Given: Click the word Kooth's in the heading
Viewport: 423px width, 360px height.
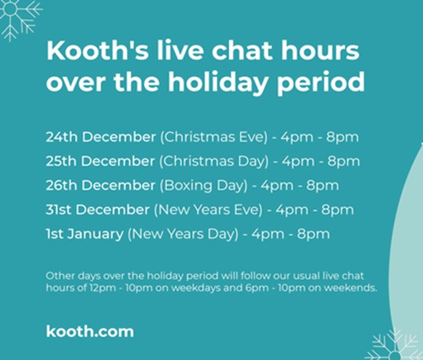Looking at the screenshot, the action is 97,51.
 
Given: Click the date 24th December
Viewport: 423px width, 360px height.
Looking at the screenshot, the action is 101,137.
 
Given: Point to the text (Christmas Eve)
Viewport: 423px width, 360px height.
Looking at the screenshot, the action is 214,137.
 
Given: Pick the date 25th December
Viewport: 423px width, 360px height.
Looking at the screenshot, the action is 100,161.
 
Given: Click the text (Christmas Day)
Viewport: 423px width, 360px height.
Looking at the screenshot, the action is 214,162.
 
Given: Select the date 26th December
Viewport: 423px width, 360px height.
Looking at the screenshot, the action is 101,186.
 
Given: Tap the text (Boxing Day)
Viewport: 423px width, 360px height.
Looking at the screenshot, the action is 204,186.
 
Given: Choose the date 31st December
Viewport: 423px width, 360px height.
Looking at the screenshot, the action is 97,209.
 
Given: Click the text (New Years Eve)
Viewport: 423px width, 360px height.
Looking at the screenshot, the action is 208,210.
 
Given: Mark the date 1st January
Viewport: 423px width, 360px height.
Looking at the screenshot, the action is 85,234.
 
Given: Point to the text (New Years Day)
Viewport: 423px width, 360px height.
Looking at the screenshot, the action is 183,234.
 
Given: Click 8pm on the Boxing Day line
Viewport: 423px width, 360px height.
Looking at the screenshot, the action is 322,186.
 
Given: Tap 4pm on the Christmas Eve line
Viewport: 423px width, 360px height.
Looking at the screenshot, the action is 297,137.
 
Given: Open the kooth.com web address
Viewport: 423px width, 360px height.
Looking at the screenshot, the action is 90,331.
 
